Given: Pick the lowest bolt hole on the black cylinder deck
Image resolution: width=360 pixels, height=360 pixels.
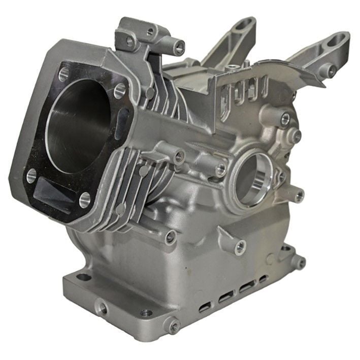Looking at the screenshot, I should click(x=85, y=199).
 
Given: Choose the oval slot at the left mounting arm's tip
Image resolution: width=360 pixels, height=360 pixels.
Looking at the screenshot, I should click(x=247, y=23).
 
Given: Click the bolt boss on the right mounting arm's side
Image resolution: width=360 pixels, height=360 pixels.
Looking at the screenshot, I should click(x=331, y=72).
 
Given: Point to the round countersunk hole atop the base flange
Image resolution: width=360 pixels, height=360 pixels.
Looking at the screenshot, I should click(x=146, y=313).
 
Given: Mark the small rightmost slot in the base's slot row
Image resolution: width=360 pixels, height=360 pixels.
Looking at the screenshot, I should click(x=263, y=279).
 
